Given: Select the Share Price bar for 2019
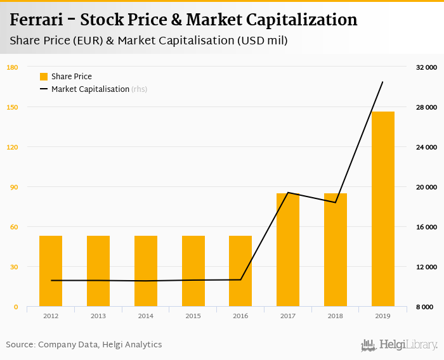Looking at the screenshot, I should click(383, 209).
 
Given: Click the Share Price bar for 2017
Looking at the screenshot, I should click(288, 250).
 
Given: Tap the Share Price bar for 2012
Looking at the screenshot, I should click(51, 271).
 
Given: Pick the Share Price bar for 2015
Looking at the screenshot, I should click(193, 271).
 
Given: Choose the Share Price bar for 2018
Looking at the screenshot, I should click(336, 250).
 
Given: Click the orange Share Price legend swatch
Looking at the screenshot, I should click(44, 77).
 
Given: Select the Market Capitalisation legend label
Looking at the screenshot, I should click(90, 89).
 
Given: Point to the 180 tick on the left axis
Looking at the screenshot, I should click(13, 67).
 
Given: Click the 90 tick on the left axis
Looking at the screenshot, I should click(13, 187).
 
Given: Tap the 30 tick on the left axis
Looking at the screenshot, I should click(13, 267).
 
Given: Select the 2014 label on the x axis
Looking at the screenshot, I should click(146, 316).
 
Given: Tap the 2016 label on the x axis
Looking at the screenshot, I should click(240, 316).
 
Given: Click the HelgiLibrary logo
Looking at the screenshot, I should click(400, 345).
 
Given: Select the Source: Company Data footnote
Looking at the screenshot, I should click(84, 345).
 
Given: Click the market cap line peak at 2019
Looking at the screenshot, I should click(382, 82).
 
